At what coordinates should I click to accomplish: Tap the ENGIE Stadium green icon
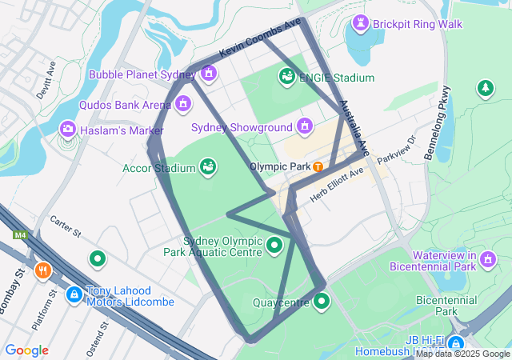(286, 77)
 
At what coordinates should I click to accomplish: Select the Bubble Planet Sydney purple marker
(209, 74)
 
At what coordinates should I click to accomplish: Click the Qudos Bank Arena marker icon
(183, 103)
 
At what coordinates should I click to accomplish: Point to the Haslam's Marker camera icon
(68, 129)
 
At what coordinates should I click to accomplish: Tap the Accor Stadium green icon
(208, 166)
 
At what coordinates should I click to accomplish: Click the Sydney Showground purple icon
(304, 126)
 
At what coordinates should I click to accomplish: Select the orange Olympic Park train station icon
(318, 166)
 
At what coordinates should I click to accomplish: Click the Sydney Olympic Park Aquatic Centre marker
(274, 245)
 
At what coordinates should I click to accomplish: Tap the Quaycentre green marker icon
(321, 301)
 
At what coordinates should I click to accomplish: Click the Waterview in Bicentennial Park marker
(488, 257)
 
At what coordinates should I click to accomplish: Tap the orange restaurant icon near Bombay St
(43, 270)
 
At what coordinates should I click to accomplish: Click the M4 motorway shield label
(20, 235)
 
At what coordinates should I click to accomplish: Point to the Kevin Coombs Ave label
(259, 38)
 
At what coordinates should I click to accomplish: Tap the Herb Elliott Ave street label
(337, 183)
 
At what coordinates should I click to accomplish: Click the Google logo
(26, 350)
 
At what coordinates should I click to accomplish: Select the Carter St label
(66, 227)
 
